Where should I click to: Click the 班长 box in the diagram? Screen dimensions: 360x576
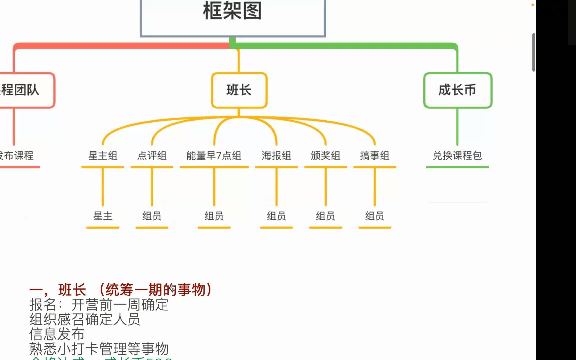click(239, 90)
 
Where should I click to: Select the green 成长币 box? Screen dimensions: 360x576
click(457, 90)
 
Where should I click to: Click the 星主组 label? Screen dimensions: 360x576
click(103, 156)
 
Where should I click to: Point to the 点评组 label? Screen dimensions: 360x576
click(152, 156)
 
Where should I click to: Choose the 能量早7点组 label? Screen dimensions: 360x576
click(214, 156)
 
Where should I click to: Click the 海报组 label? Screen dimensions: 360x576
click(276, 156)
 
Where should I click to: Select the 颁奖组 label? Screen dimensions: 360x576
click(325, 156)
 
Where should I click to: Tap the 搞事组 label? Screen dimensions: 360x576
click(375, 156)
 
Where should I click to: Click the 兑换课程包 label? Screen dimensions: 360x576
click(457, 156)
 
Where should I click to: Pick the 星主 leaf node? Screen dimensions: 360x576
click(103, 216)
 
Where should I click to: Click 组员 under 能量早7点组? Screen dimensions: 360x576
click(214, 216)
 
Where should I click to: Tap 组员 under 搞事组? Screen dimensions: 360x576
click(375, 216)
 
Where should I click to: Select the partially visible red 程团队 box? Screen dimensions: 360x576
click(23, 90)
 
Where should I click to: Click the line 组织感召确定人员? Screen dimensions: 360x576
click(84, 319)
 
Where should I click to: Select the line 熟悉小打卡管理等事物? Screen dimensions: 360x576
click(99, 349)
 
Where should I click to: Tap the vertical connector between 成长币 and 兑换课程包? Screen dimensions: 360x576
click(457, 127)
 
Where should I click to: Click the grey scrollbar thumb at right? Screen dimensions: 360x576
click(534, 52)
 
